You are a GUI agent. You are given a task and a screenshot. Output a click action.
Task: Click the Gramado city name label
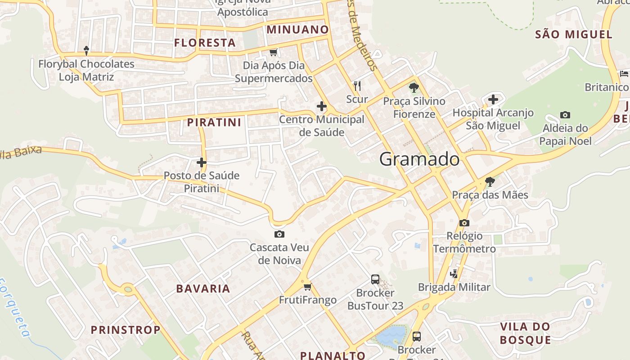point(419,159)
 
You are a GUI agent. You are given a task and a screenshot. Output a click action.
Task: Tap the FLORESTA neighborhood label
point(205,43)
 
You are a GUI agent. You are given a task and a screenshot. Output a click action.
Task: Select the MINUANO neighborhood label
point(298,30)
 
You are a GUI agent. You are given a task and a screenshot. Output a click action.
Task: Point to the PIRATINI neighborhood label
point(214,122)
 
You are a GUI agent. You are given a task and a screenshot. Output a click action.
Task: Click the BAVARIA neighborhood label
point(203,289)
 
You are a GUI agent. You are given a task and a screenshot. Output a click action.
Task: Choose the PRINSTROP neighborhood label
point(126,330)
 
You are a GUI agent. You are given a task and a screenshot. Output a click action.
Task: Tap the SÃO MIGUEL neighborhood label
point(574,34)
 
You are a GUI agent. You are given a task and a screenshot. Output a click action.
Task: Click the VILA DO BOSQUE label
point(525,333)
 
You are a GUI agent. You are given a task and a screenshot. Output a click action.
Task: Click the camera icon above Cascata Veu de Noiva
point(279,234)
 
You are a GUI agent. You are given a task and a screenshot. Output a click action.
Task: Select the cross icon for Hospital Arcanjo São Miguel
point(493,99)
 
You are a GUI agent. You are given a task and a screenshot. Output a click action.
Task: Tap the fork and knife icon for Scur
point(357,85)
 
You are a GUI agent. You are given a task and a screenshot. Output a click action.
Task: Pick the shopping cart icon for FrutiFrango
point(307,287)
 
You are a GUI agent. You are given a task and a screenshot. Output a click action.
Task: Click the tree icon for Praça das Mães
point(490,182)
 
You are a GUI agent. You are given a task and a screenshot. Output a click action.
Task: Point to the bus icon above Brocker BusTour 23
point(375,279)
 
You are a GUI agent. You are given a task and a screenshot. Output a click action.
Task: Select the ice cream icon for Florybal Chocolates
point(86,51)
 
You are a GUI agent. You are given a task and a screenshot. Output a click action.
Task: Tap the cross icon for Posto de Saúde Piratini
point(202,162)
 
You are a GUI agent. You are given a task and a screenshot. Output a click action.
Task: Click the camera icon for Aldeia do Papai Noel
point(565,115)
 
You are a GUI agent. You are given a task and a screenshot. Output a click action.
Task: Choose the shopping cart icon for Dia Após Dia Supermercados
point(273,53)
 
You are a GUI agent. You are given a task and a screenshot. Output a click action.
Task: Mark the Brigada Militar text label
point(454,287)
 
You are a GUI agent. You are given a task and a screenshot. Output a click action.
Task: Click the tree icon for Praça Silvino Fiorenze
point(414,88)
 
